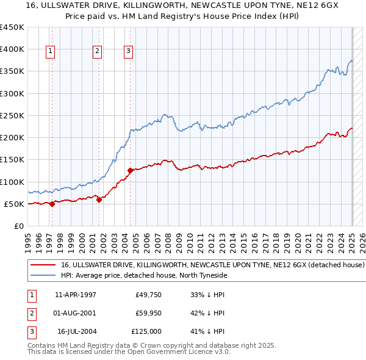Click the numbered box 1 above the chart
tap(49, 52)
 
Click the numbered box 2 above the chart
tap(97, 52)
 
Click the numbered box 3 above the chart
tap(129, 52)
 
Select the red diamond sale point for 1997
tap(52, 204)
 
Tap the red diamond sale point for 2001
tap(99, 200)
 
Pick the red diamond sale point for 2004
tap(131, 171)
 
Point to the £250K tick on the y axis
tap(12, 115)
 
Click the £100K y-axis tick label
tap(12, 182)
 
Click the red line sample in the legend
tap(43, 265)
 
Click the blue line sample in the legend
tap(43, 276)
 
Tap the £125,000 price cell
tap(147, 331)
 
